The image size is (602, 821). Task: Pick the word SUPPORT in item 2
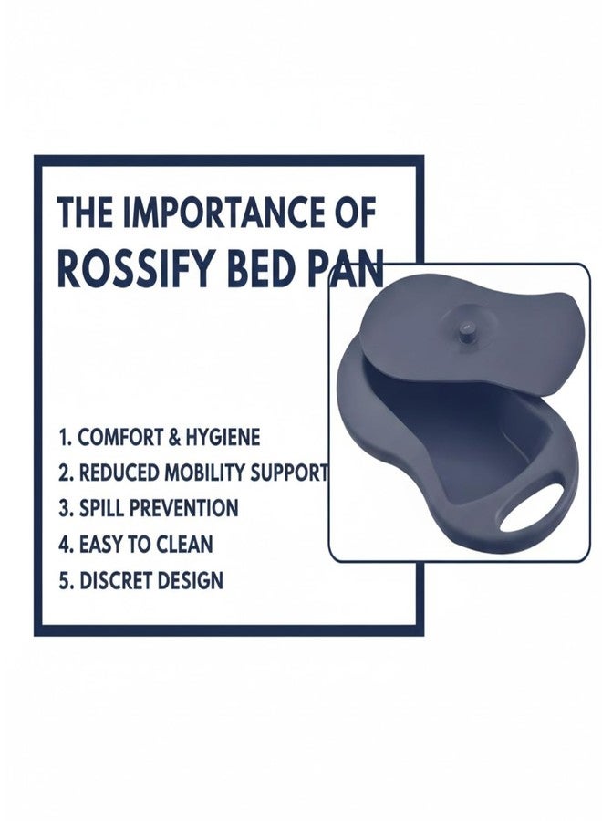286,473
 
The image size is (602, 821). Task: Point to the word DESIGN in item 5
188,580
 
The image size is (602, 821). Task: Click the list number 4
64,545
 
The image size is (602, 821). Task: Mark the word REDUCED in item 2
116,473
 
